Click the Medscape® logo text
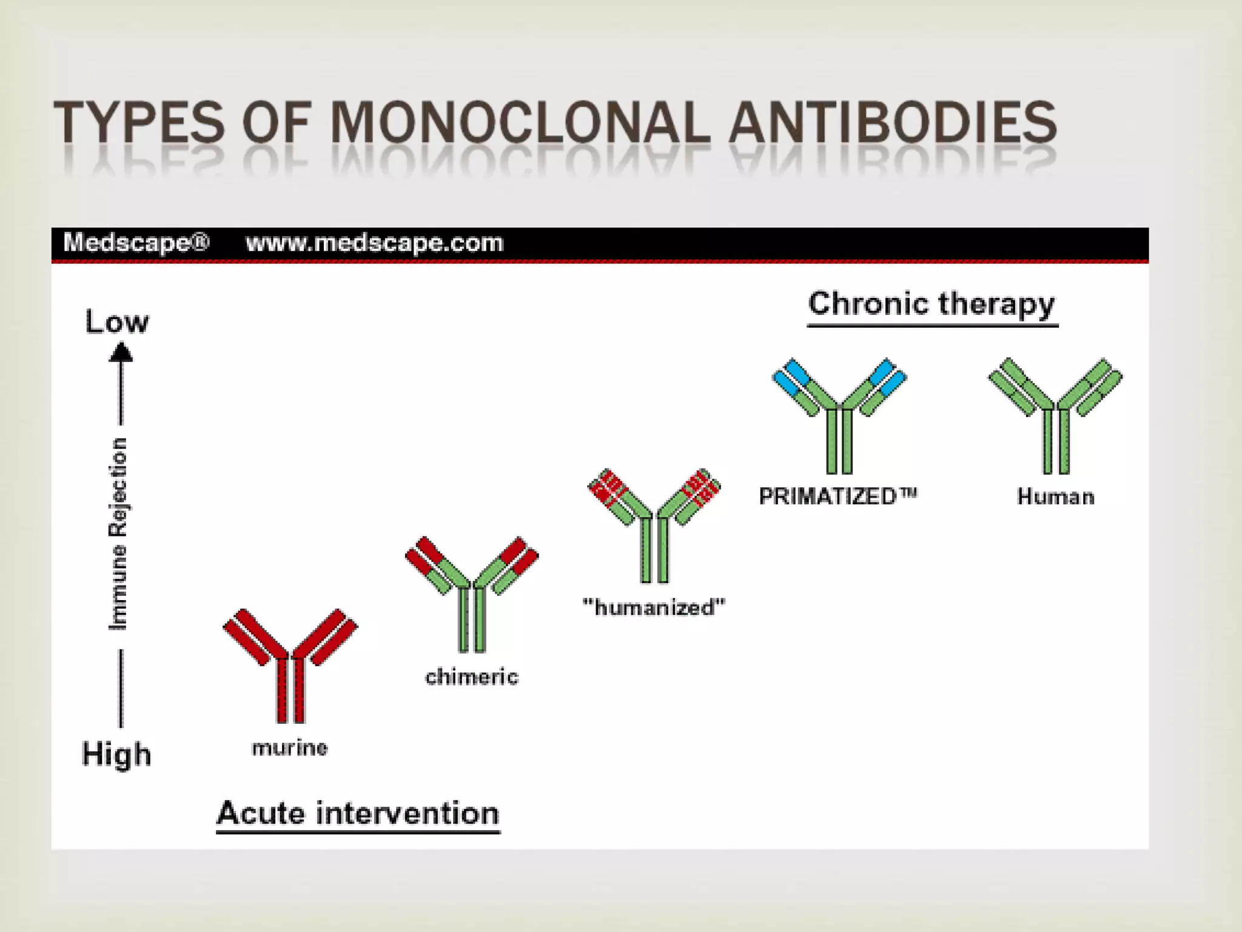(136, 243)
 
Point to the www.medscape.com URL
(374, 243)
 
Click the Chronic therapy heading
(931, 304)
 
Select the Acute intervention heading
(358, 813)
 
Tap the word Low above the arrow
(116, 322)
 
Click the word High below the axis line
(116, 754)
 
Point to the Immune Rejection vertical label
(118, 534)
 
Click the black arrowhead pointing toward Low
(121, 353)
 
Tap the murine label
(290, 748)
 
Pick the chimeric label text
(472, 677)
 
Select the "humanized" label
(654, 607)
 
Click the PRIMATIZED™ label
(838, 496)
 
